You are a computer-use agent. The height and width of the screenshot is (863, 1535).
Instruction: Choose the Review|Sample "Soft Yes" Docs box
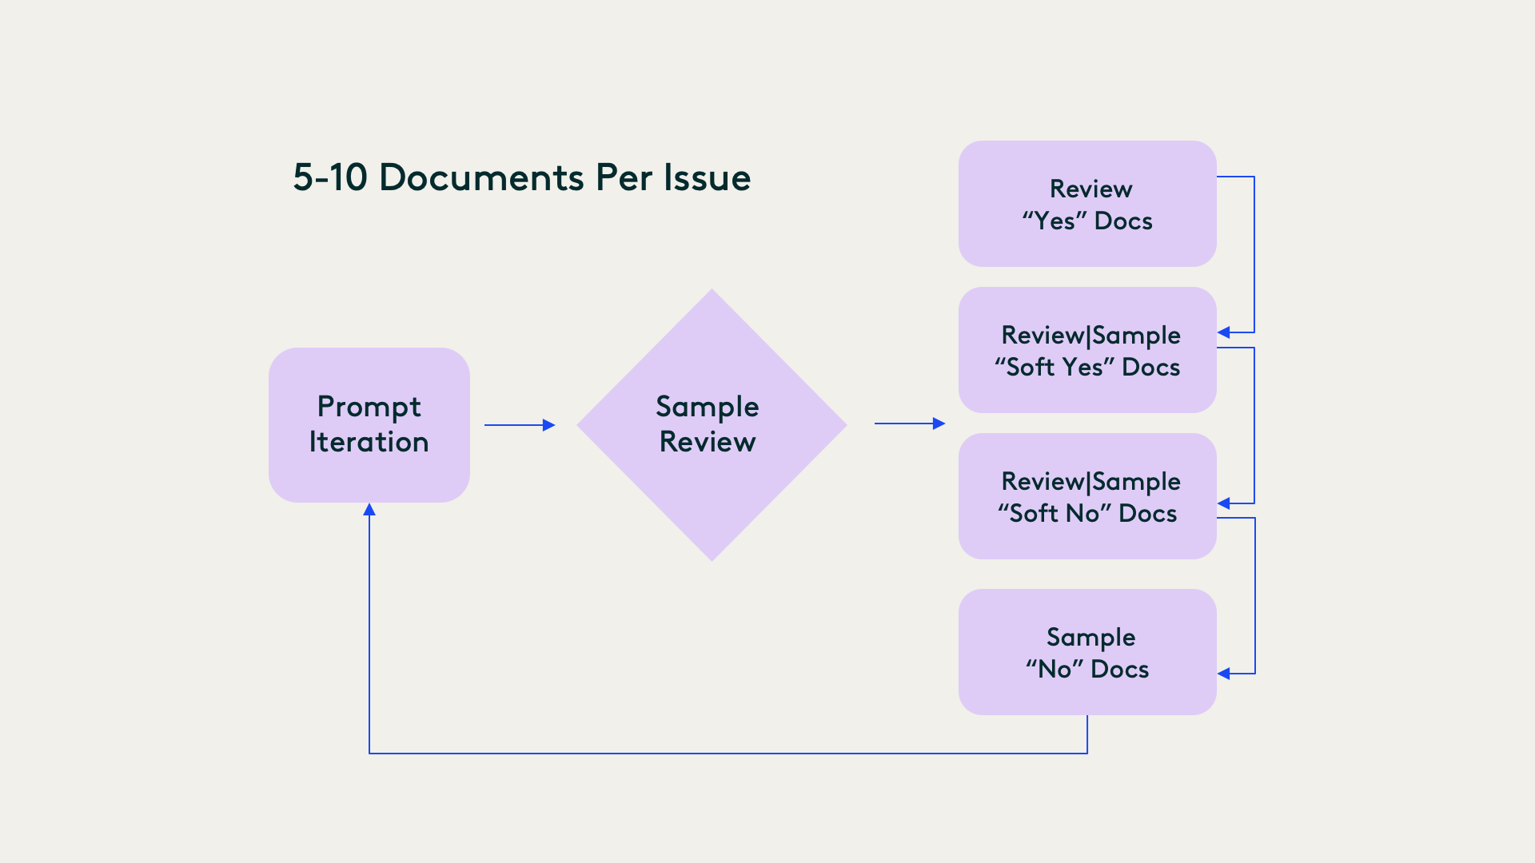tap(1087, 392)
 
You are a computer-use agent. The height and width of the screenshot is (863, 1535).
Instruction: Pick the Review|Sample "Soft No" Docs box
tap(1087, 539)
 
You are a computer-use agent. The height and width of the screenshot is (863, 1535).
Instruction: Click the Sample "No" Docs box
tap(1087, 695)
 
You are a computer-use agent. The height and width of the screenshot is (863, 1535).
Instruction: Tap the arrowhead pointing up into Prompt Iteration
tap(369, 510)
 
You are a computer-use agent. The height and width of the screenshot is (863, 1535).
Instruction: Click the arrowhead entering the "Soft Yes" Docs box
tap(1224, 332)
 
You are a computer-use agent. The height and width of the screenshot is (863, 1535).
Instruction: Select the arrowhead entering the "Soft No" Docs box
tap(1224, 503)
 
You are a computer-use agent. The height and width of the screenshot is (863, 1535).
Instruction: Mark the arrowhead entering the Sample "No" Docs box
tap(1224, 674)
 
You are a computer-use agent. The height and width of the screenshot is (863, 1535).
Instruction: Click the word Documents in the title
tap(482, 177)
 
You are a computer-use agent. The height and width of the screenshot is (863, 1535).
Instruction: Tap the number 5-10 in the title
tap(329, 177)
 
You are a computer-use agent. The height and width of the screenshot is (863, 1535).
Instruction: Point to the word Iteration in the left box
tap(369, 442)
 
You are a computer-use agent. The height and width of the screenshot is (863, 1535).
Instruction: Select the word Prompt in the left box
tap(369, 408)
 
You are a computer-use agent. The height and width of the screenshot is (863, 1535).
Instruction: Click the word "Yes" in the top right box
tap(1055, 221)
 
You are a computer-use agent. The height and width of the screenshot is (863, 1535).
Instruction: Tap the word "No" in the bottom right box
tap(1055, 669)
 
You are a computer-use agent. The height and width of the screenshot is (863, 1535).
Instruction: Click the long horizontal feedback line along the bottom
tap(720, 753)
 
